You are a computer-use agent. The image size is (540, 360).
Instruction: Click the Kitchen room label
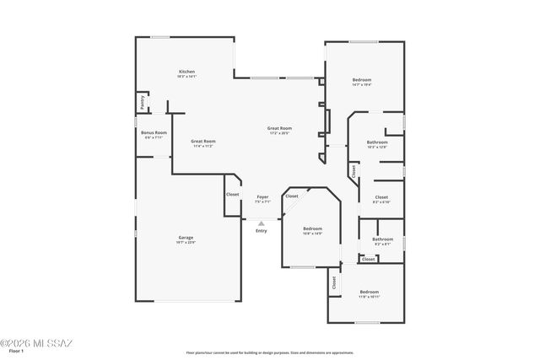point(186,72)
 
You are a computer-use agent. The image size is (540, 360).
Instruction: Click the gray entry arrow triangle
point(262,223)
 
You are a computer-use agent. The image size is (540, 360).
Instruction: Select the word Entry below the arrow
point(262,230)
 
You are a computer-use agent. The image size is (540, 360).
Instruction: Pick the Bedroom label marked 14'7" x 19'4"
point(361,80)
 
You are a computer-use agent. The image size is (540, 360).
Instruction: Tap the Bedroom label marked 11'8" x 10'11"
point(370,293)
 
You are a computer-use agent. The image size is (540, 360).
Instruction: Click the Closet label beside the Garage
point(233,195)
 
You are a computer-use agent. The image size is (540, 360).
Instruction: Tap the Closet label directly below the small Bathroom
point(369,259)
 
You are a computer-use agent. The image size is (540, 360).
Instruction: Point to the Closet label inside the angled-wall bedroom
point(291,196)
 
